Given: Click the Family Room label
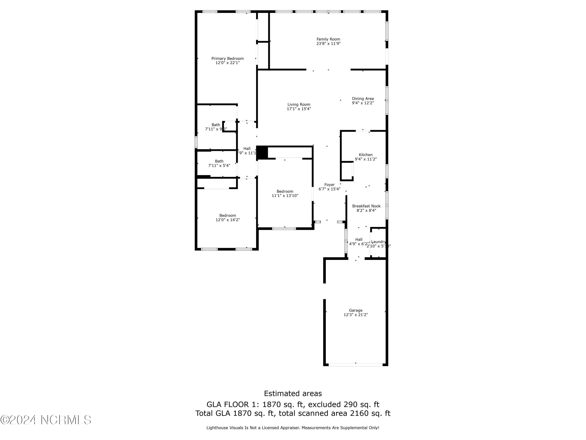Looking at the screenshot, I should [328, 39].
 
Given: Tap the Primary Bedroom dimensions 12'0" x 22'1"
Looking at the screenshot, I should [227, 63].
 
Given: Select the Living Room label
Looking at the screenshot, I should [299, 104].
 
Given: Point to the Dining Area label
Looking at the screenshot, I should [363, 98].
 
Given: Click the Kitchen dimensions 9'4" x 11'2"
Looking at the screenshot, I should [366, 159].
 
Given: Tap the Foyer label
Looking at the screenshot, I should [329, 185].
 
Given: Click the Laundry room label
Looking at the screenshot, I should [378, 242].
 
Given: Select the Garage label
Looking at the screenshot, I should [356, 310].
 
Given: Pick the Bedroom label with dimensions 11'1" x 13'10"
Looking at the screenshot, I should [285, 191].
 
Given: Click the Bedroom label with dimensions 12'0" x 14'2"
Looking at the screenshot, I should [227, 215].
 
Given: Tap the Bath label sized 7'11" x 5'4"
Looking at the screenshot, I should [219, 161].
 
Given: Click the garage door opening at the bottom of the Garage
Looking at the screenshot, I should [356, 365].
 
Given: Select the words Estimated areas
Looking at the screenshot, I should [293, 393].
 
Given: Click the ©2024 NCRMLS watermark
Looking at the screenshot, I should [46, 420].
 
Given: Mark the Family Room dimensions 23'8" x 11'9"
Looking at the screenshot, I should [328, 43].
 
